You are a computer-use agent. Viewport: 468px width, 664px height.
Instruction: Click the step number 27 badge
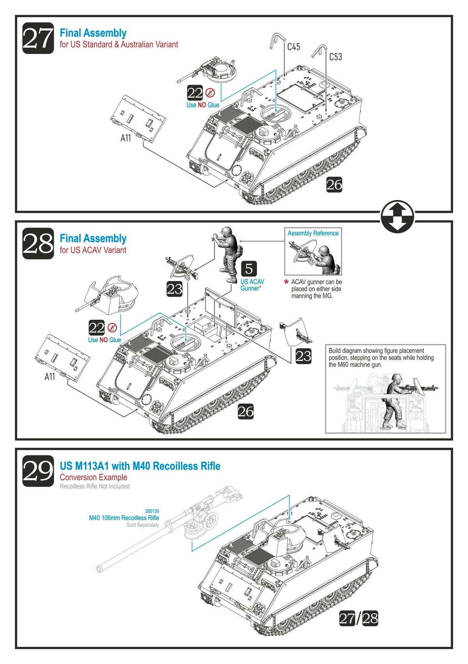click(38, 38)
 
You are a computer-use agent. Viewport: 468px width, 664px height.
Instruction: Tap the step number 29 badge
click(38, 471)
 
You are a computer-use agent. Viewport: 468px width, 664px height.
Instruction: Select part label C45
click(293, 47)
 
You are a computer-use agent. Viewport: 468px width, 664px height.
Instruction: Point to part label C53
click(335, 57)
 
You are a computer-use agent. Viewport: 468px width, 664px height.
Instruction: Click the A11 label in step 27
click(126, 138)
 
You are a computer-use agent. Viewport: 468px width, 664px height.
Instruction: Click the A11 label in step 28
click(50, 376)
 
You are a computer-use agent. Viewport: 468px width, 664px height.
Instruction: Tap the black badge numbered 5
click(249, 269)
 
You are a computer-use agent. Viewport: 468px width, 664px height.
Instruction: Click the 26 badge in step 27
click(334, 185)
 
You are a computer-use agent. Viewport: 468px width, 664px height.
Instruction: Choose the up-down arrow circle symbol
click(397, 217)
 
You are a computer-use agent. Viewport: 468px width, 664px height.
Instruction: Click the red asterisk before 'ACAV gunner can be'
click(286, 282)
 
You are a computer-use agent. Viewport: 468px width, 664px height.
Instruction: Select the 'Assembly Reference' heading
click(313, 233)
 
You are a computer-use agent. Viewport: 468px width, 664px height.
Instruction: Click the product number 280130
click(152, 511)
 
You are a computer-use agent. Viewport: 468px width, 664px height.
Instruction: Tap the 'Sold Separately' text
click(143, 525)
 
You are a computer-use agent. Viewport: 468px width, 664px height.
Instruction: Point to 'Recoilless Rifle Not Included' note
click(94, 486)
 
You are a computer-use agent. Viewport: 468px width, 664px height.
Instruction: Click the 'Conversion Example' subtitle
click(93, 477)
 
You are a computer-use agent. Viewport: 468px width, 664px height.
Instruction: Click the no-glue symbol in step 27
click(210, 93)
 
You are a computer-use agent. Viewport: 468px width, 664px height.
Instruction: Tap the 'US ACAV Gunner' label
click(252, 285)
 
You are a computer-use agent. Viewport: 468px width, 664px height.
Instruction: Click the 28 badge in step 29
click(370, 618)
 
